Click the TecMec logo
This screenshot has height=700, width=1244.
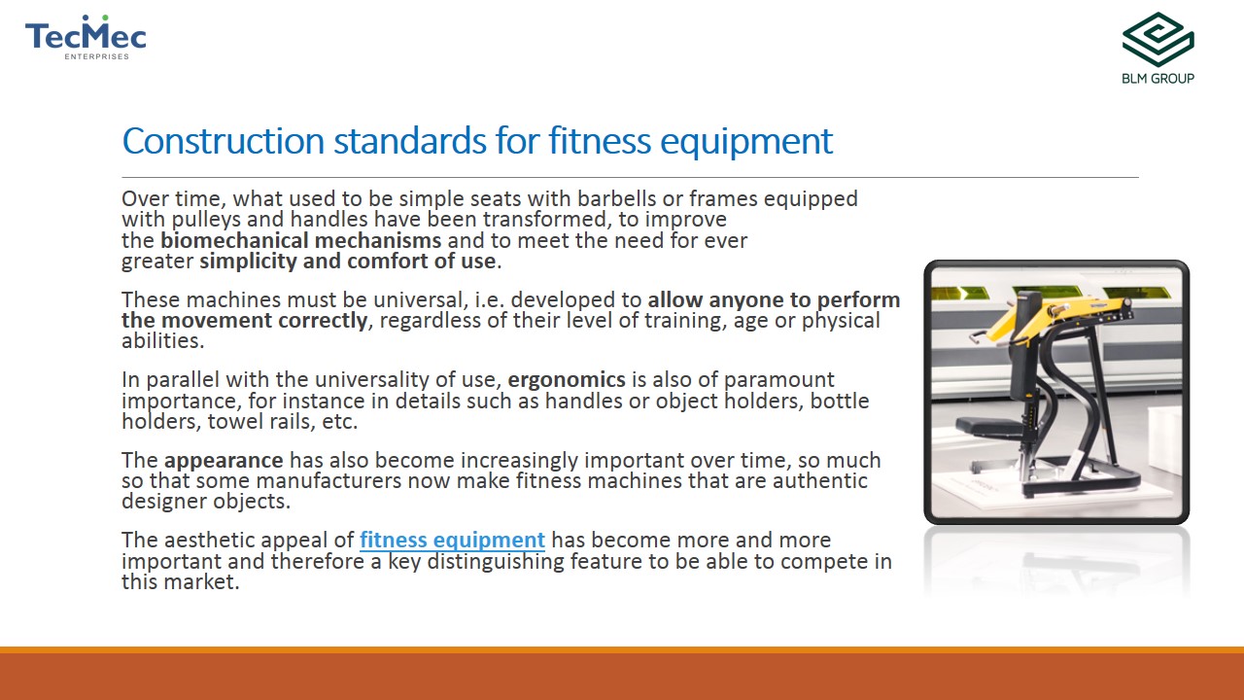86,37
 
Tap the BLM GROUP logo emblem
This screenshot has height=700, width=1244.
1158,40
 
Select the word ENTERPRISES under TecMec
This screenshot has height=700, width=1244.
96,56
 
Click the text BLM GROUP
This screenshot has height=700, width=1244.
1158,79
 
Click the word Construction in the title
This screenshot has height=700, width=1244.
224,141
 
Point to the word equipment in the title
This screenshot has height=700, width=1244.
746,142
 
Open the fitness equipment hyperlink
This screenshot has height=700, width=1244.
452,540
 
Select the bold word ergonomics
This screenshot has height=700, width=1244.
567,380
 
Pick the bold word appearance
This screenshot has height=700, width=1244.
224,461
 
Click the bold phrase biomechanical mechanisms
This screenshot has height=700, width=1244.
301,240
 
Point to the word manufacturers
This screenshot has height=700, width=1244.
328,481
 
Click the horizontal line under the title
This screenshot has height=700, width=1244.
631,177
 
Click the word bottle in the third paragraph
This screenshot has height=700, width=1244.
840,401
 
